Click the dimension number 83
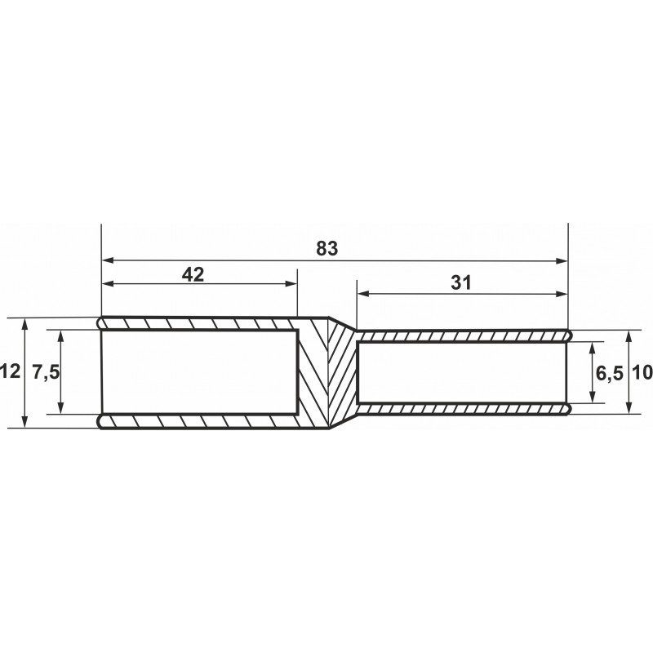click(x=327, y=248)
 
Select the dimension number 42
click(x=193, y=274)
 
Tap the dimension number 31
click(x=461, y=283)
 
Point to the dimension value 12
click(x=10, y=371)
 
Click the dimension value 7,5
click(x=47, y=372)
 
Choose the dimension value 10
click(x=642, y=372)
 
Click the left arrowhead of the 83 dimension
click(x=108, y=260)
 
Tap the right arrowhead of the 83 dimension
click(x=562, y=261)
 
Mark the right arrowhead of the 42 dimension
click(x=291, y=284)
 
